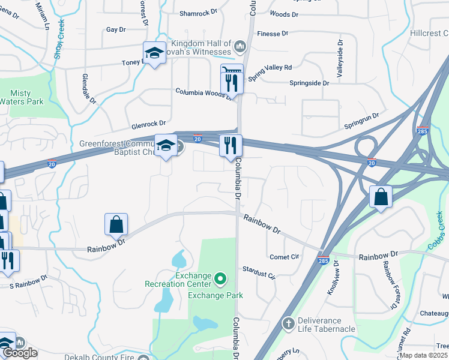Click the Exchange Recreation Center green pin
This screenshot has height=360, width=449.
tap(220, 278)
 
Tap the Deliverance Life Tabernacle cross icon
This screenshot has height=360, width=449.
tap(289, 324)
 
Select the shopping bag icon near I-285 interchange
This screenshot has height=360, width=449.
tap(381, 196)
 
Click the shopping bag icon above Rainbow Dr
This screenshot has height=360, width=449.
tap(116, 224)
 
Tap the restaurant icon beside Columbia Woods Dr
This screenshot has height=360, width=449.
tap(232, 79)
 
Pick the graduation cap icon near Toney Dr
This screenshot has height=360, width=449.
tap(154, 53)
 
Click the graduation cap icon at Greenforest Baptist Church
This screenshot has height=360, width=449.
tap(166, 146)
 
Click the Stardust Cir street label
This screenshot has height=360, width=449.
tap(258, 273)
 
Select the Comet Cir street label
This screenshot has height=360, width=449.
tap(285, 257)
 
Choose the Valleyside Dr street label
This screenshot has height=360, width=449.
tap(340, 59)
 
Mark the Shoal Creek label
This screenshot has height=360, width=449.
tap(59, 39)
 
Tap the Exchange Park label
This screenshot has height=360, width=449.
tap(215, 295)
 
